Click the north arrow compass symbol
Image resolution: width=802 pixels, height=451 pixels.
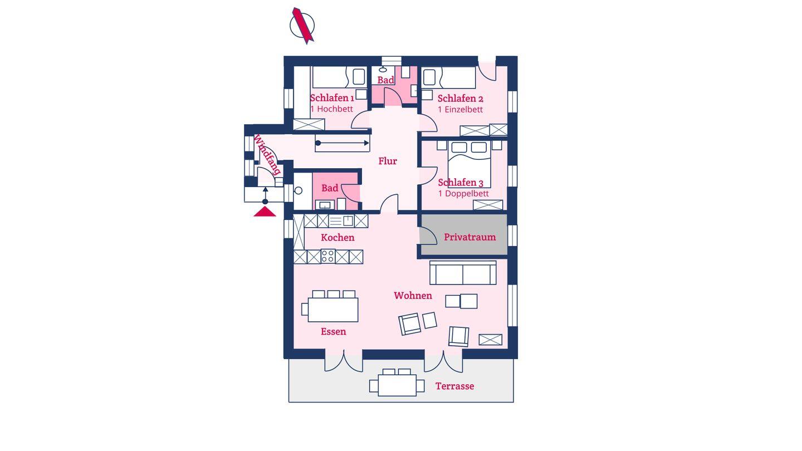click(x=302, y=26)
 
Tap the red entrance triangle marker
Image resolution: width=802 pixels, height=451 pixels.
click(x=265, y=212)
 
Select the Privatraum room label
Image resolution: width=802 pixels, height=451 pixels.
click(x=470, y=237)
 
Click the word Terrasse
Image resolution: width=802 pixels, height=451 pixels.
click(x=454, y=386)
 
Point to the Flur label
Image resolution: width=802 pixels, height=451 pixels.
click(x=388, y=161)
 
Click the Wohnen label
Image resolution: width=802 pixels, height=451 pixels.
click(x=413, y=296)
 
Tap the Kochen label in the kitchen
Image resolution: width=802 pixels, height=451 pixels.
click(x=338, y=237)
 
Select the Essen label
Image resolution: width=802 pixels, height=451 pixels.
click(x=333, y=331)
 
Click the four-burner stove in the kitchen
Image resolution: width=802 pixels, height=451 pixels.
click(x=328, y=256)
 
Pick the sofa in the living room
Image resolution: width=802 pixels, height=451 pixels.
click(x=463, y=273)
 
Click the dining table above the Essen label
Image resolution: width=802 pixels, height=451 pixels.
click(x=332, y=310)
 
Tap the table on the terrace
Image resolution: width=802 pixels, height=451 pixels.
click(x=397, y=385)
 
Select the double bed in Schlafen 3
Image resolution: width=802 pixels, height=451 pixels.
click(x=470, y=164)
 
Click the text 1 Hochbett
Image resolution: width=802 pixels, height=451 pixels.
click(x=331, y=109)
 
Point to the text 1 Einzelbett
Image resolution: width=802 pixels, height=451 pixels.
click(x=461, y=110)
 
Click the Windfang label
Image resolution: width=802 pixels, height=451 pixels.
click(x=267, y=155)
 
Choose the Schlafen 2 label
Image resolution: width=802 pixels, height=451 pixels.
click(x=461, y=99)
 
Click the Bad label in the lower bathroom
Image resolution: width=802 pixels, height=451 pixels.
click(x=330, y=188)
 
